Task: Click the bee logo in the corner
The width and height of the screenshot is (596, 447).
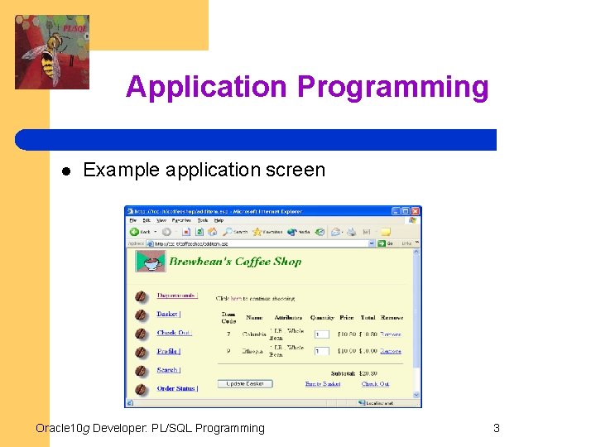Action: pyautogui.click(x=51, y=52)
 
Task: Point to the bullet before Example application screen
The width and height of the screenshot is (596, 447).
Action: pyautogui.click(x=64, y=171)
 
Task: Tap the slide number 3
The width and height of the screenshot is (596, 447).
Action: pyautogui.click(x=496, y=428)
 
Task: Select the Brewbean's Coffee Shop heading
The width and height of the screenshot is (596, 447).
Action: pyautogui.click(x=235, y=262)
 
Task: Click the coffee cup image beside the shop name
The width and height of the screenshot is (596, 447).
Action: pyautogui.click(x=150, y=262)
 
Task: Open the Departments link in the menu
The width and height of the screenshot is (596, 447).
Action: pyautogui.click(x=177, y=296)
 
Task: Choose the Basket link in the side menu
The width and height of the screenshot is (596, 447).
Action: pyautogui.click(x=168, y=315)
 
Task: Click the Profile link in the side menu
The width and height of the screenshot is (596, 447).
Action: pyautogui.click(x=168, y=352)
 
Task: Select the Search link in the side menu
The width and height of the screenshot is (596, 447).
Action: pyautogui.click(x=168, y=370)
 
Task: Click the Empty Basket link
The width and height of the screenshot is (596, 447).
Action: pyautogui.click(x=323, y=384)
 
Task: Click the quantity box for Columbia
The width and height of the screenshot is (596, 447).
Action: pyautogui.click(x=321, y=334)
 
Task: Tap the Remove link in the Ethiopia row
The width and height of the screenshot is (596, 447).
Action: pyautogui.click(x=391, y=352)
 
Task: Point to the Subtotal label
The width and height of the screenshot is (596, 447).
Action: pyautogui.click(x=343, y=372)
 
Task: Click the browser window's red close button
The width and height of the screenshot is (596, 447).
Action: pyautogui.click(x=416, y=211)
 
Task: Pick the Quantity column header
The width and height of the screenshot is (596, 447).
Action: pyautogui.click(x=322, y=318)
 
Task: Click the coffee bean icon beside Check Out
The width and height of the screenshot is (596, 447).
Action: pyautogui.click(x=142, y=334)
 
